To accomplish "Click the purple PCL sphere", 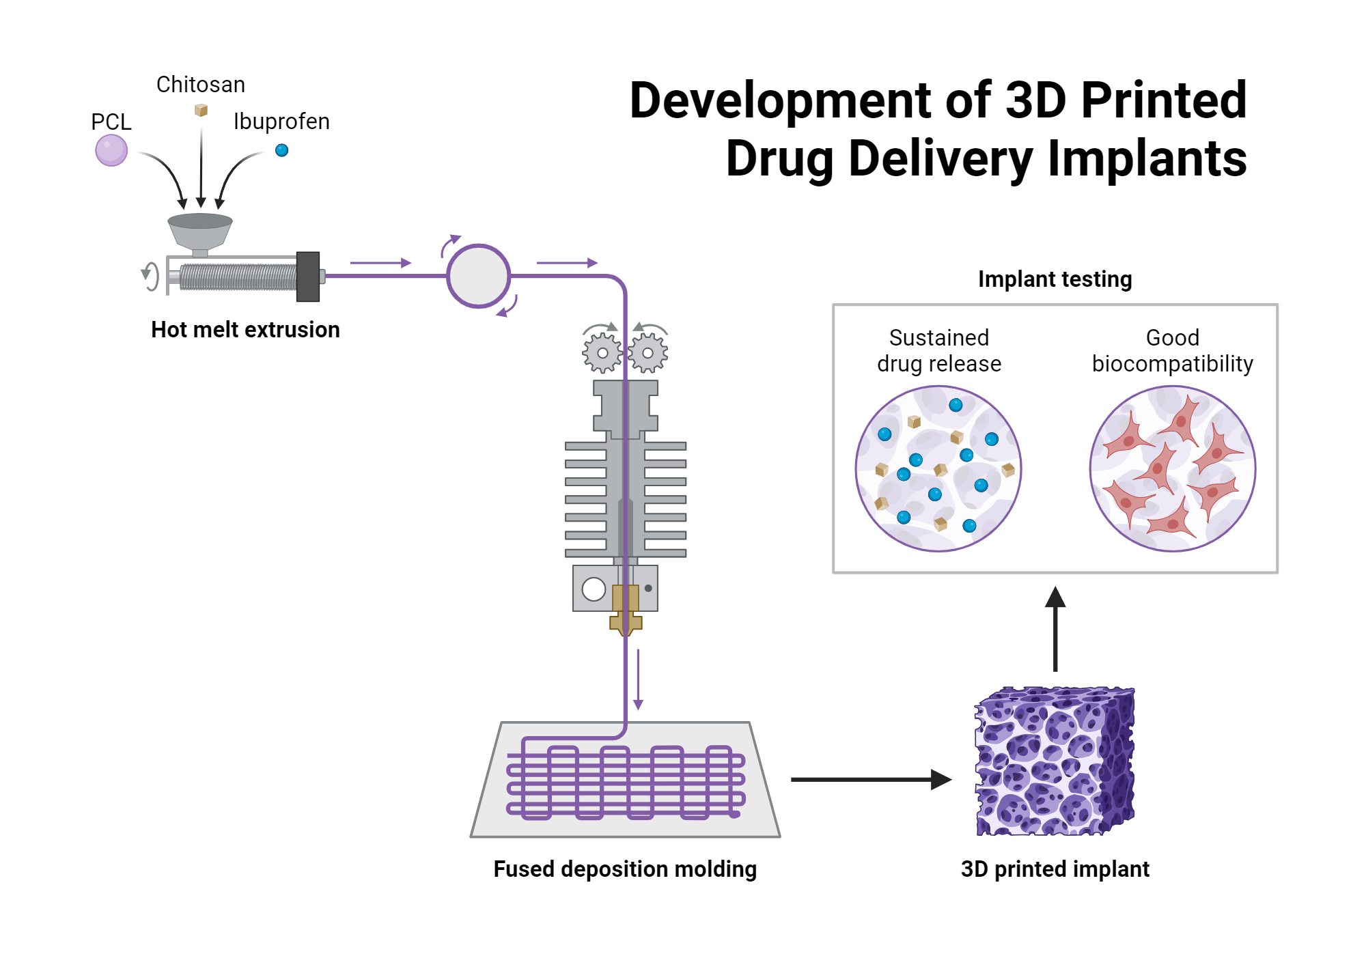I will (111, 150).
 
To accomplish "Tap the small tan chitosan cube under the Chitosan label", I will (201, 110).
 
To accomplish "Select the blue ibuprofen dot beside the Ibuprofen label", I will (281, 150).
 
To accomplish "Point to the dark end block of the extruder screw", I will (308, 277).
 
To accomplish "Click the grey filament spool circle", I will (478, 276).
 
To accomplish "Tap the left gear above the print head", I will (602, 353).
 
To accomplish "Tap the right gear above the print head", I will (647, 353).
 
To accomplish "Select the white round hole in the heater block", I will (594, 589).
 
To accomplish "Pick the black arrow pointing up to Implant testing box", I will (1055, 628).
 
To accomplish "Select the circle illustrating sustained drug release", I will (938, 468).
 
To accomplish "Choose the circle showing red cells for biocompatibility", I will (1172, 468).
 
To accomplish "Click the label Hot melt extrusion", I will (245, 330).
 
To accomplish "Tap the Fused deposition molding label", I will (625, 869).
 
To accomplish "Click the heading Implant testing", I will (1055, 279).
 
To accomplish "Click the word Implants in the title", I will (1147, 158).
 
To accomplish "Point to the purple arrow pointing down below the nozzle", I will (638, 679).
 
